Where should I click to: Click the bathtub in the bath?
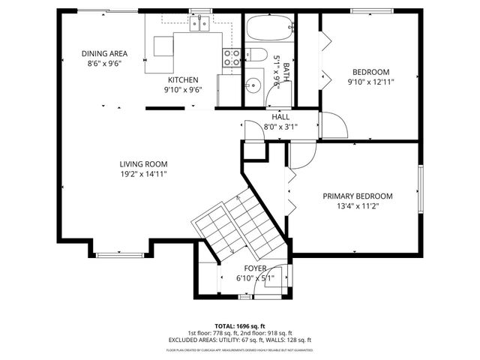[267, 30]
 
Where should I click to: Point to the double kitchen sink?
[199, 25]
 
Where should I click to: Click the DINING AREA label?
[103, 53]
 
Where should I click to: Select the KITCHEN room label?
[183, 79]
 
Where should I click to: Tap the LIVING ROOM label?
[143, 164]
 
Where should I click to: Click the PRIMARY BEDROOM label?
[358, 196]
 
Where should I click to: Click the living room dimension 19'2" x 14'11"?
[143, 174]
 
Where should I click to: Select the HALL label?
[280, 117]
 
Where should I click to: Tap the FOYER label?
[255, 268]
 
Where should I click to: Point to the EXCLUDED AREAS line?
[240, 341]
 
